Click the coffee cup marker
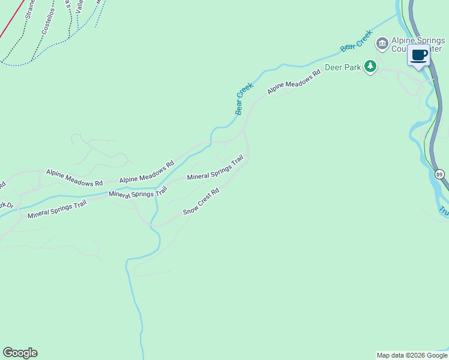coord(419,56)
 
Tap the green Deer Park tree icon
coord(371,67)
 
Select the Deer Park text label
coord(343,67)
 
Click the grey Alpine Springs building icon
coord(381,44)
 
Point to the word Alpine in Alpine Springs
coord(403,40)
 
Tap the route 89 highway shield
coord(440,174)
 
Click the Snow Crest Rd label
coord(201,202)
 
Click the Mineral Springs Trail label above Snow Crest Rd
coord(215,169)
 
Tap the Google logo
coord(20,353)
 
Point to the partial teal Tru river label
coord(444,211)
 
